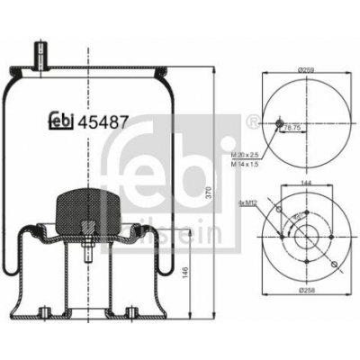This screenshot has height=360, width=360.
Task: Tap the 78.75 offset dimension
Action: click(292, 128)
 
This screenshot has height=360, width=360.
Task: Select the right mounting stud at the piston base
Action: click(132, 313)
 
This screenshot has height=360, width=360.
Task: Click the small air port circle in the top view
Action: click(279, 122)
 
